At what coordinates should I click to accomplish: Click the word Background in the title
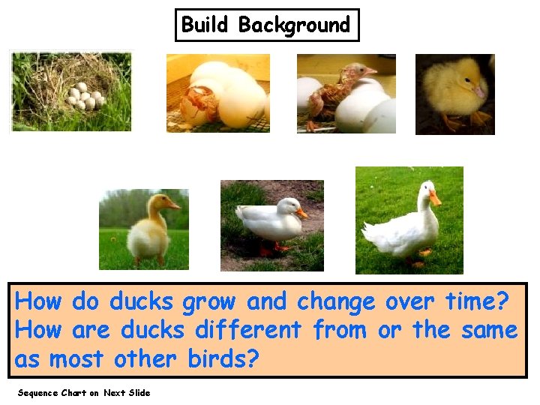click(x=294, y=25)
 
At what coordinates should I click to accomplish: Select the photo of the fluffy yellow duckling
click(x=455, y=94)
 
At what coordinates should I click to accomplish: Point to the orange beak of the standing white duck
click(x=435, y=198)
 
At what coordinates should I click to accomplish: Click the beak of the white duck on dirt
click(x=301, y=214)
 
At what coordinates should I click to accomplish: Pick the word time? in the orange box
click(x=477, y=301)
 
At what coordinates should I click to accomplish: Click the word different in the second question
click(x=247, y=330)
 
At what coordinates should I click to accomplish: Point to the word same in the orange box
click(x=490, y=331)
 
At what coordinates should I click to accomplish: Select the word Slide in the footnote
click(x=139, y=393)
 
